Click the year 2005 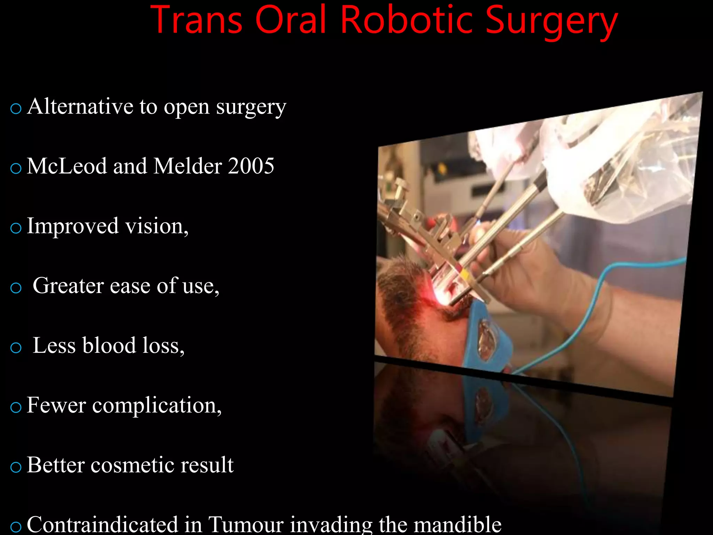pos(251,166)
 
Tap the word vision pos(157,226)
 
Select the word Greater pos(68,286)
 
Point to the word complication pos(157,405)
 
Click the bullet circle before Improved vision pos(16,228)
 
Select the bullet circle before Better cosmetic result pos(16,467)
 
